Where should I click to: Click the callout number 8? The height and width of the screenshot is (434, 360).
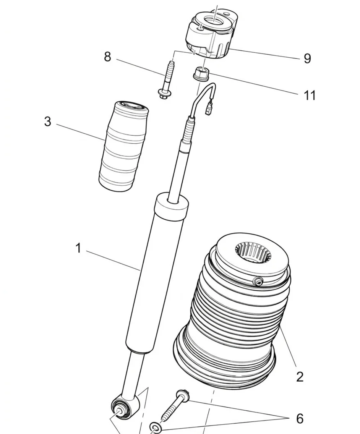tap(107, 57)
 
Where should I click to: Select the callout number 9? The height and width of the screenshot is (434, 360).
tap(307, 59)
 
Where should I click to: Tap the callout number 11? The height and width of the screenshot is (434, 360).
tap(310, 96)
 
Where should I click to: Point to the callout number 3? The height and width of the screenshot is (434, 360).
tap(48, 121)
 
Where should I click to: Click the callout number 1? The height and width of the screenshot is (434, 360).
tap(79, 248)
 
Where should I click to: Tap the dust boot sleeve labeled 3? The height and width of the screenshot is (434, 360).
tap(123, 146)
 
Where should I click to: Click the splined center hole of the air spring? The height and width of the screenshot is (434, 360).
tap(253, 252)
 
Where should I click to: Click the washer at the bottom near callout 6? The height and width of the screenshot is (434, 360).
tap(155, 427)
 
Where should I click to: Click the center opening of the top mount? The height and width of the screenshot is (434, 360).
tap(215, 22)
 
